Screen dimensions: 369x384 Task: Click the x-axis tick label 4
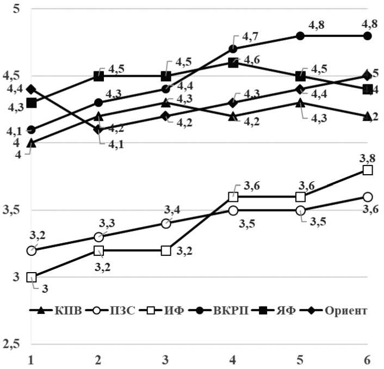(233, 360)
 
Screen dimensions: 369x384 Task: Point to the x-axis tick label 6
(368, 360)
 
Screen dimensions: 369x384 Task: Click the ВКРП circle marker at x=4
(233, 49)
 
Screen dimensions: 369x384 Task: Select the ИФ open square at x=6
(368, 170)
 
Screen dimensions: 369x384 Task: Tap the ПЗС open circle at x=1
(32, 250)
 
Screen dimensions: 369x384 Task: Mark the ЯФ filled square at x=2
(99, 76)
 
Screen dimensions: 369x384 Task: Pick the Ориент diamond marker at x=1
(32, 89)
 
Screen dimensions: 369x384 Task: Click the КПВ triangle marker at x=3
(166, 102)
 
